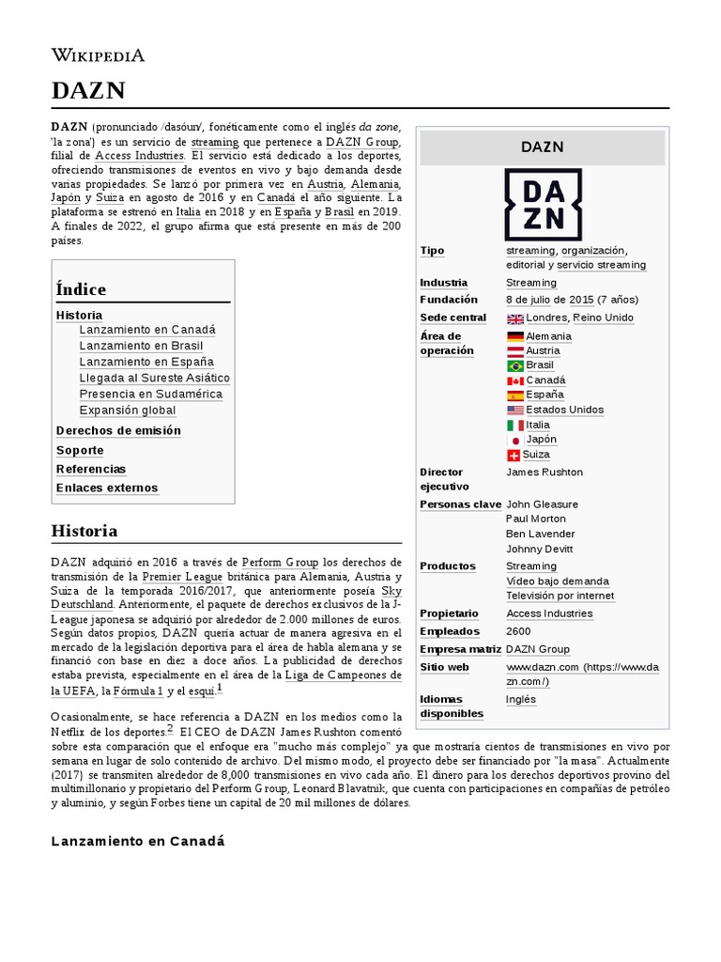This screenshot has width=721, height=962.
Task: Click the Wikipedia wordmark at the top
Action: click(98, 55)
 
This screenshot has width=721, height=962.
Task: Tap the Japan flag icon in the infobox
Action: click(514, 440)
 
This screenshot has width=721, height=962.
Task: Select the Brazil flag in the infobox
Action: click(514, 365)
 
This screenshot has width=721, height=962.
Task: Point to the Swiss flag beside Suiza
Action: click(514, 455)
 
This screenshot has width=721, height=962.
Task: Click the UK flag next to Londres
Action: click(514, 318)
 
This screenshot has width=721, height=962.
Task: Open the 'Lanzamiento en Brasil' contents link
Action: click(141, 346)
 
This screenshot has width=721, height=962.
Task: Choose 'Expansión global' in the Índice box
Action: click(128, 411)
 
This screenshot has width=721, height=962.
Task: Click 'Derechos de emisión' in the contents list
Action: click(118, 430)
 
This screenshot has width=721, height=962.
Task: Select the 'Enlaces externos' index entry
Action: click(107, 488)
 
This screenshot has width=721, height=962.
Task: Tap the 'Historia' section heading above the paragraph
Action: click(84, 531)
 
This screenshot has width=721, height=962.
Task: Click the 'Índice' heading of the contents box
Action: click(81, 289)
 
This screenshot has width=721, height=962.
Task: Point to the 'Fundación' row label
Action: click(449, 300)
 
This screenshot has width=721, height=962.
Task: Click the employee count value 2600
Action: click(518, 631)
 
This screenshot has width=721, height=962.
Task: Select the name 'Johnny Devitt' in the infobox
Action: click(539, 549)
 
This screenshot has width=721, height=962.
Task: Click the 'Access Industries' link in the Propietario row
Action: click(549, 613)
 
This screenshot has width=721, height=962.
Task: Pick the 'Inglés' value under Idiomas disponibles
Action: click(521, 699)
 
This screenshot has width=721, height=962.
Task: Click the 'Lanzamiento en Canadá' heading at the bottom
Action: click(138, 841)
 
